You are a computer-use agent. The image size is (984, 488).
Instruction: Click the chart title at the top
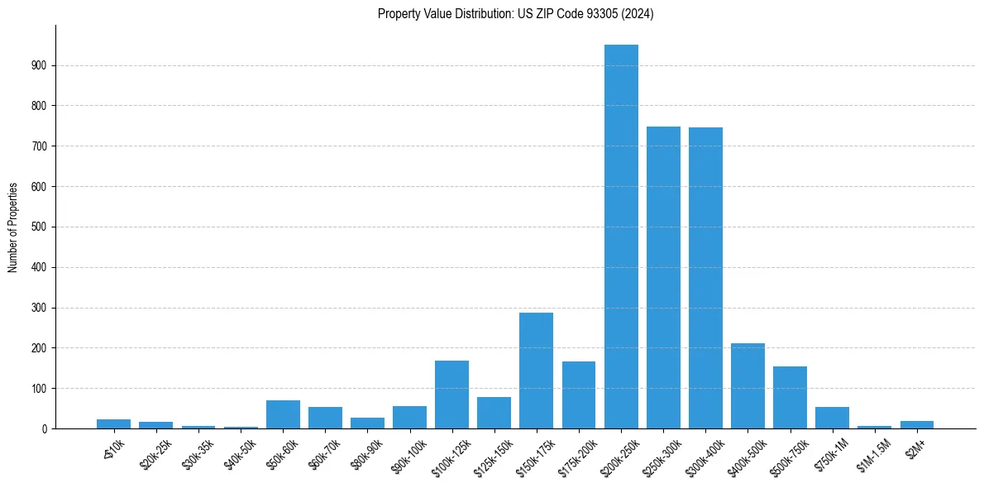coord(515,14)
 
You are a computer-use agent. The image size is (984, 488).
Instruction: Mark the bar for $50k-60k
coord(283,414)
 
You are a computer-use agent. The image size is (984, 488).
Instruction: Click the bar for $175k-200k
coord(579,395)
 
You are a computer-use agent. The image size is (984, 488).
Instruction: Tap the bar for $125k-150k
coord(494,413)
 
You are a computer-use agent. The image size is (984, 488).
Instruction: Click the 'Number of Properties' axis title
coord(13,227)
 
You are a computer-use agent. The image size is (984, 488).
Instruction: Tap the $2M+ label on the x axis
coord(915,447)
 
